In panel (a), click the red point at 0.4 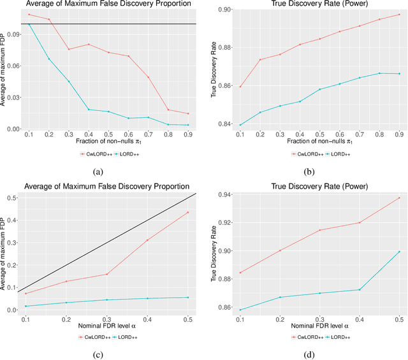click(89, 44)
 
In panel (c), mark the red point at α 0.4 click(147, 240)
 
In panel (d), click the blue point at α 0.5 click(399, 252)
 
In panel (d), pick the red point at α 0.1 click(240, 273)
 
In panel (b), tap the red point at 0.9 click(399, 14)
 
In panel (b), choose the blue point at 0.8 click(379, 73)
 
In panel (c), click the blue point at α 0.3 click(106, 300)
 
